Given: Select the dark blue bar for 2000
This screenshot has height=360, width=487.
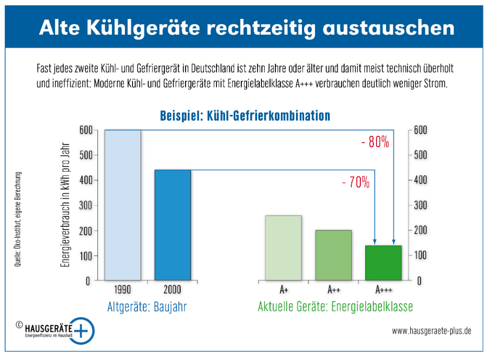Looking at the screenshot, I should pos(173,225).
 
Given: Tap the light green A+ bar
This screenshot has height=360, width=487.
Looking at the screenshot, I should pos(283,248).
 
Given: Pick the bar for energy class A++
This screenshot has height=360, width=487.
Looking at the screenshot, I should pos(333,255).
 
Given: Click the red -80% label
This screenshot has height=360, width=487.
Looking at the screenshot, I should pos(375,142).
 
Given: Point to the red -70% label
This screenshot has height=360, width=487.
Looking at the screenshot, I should pos(356,182).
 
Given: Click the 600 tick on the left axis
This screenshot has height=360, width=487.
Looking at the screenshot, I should pos(85,130).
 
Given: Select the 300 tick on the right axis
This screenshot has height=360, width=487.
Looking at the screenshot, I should pos(421,205).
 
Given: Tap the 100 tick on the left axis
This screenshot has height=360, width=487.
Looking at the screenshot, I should pos(85,256).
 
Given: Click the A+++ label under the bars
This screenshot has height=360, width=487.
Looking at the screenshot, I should pos(383,289).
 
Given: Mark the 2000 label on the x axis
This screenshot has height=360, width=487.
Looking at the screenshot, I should pos(172,289).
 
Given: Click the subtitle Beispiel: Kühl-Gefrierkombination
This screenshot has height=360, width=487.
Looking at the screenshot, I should pos(245,116).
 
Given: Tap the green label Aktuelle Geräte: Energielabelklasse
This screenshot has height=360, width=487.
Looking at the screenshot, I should pos(335,307).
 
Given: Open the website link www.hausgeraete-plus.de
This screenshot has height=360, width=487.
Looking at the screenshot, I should pos(431,330).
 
